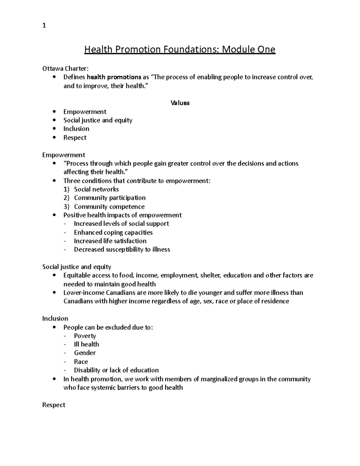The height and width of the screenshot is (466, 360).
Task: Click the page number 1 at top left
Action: click(x=44, y=26)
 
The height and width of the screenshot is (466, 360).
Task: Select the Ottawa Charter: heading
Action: click(x=65, y=68)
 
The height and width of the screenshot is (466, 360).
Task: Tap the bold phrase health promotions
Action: click(x=114, y=77)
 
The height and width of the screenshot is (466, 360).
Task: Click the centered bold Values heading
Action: click(x=180, y=103)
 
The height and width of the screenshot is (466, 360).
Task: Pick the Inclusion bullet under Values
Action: click(x=76, y=129)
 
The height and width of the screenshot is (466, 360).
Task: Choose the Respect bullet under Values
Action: click(x=75, y=137)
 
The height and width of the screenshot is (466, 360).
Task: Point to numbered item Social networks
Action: click(x=96, y=189)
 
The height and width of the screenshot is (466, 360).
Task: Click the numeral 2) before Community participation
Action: click(x=66, y=198)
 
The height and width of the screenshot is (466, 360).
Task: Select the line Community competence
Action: click(x=109, y=206)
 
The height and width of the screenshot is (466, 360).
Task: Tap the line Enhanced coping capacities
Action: click(x=113, y=233)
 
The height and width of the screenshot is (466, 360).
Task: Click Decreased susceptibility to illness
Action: click(x=122, y=250)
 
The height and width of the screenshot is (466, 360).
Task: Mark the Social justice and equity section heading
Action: click(x=76, y=267)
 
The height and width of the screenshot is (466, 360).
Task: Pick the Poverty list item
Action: click(x=85, y=336)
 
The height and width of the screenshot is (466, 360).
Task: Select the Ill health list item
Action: click(x=86, y=344)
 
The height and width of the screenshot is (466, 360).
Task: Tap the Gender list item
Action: click(x=85, y=353)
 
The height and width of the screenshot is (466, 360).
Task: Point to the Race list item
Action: click(x=81, y=362)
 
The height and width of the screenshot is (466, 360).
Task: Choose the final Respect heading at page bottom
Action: click(x=54, y=405)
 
